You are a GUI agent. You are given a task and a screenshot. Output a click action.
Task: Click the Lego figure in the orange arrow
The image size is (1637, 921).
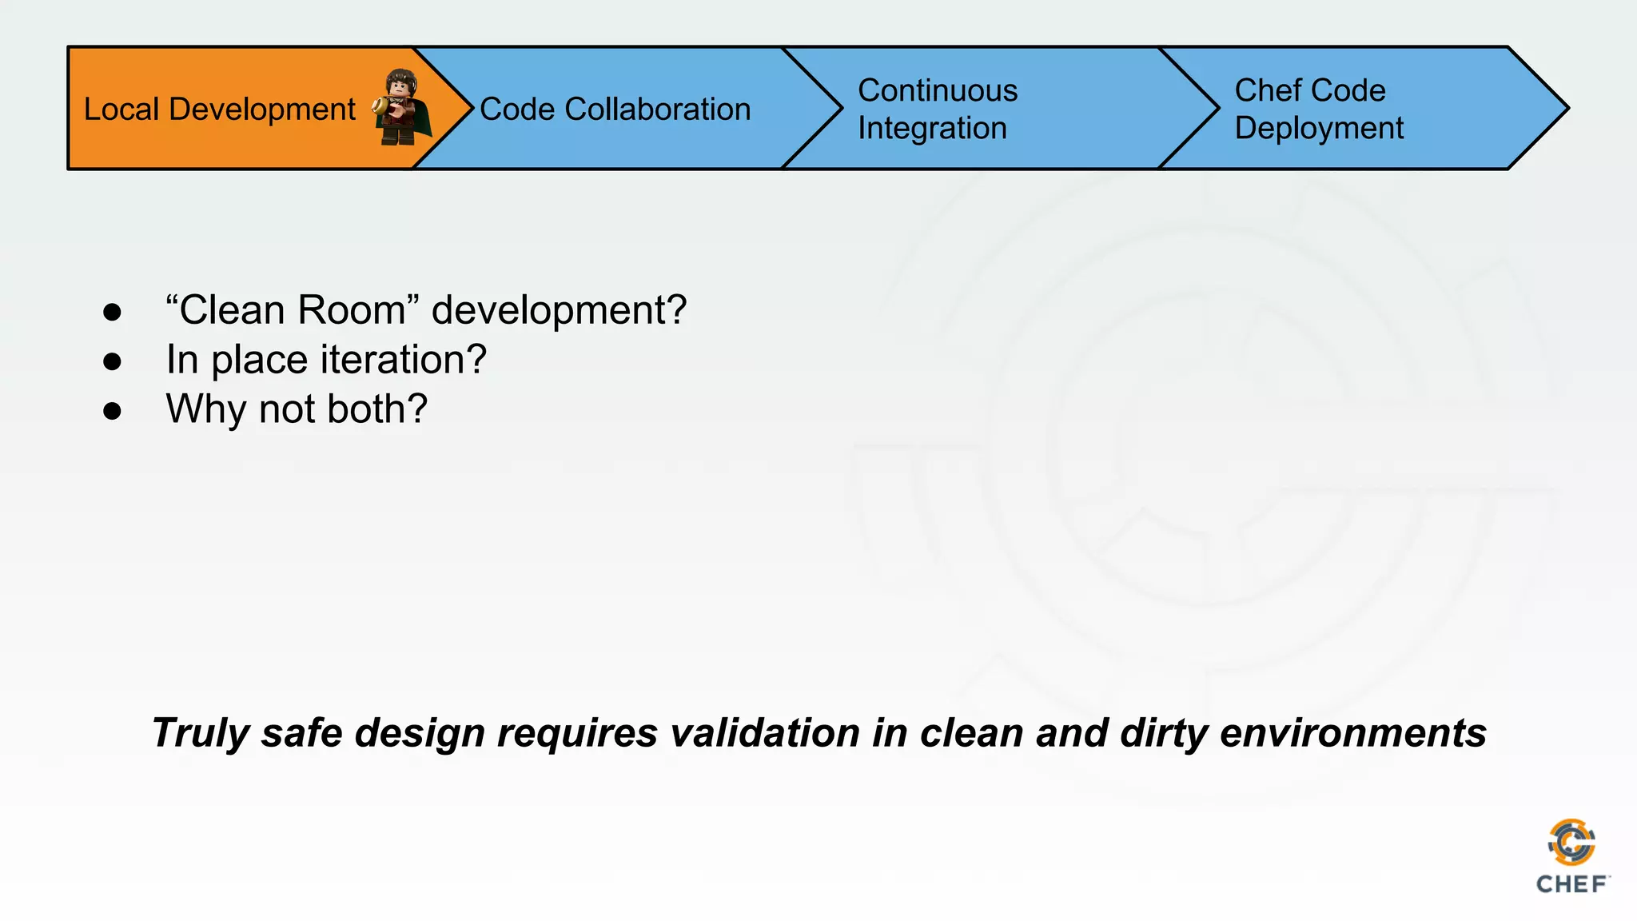(401, 109)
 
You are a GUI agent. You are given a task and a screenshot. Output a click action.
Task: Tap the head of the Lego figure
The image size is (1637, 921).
(398, 83)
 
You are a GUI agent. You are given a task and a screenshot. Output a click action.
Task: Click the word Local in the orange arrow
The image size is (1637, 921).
(121, 109)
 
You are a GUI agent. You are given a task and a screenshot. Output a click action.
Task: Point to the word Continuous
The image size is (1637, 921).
(938, 90)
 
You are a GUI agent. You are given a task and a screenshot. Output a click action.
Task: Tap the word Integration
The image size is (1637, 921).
(932, 128)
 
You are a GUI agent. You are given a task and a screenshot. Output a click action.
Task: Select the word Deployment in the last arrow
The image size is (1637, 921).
(1319, 128)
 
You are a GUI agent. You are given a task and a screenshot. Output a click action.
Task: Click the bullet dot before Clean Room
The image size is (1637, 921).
(112, 312)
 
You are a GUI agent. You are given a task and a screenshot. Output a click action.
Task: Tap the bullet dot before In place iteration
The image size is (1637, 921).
(112, 361)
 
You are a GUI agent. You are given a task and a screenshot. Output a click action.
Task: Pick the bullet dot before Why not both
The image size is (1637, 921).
(112, 411)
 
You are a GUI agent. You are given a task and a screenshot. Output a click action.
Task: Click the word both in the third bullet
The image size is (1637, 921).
(377, 409)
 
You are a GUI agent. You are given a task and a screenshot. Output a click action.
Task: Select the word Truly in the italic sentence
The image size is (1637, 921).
(200, 733)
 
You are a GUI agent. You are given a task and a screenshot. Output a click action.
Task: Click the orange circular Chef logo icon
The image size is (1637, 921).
(1571, 843)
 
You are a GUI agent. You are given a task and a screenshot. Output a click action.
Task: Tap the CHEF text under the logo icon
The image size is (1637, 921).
(1571, 884)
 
